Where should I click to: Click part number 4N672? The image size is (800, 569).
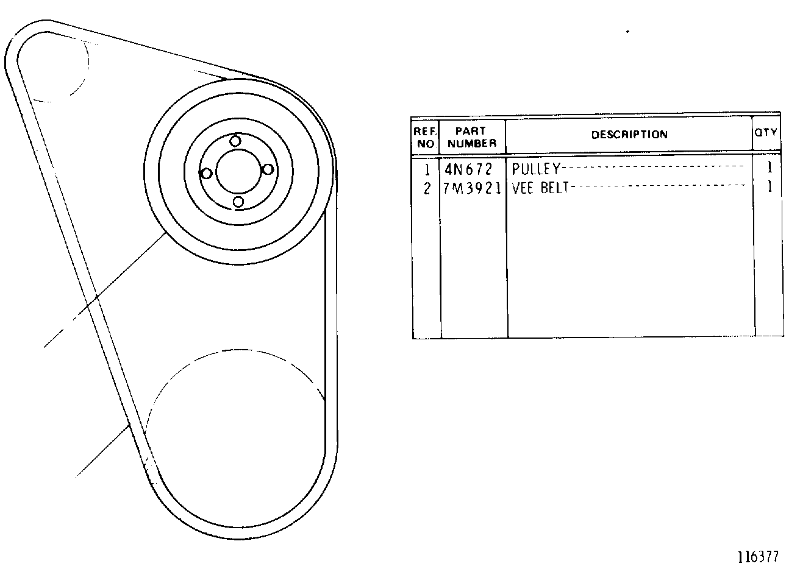[468, 169]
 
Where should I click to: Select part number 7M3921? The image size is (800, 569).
[472, 188]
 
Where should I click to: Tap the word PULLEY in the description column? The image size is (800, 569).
[536, 169]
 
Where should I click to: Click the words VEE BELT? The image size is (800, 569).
[540, 188]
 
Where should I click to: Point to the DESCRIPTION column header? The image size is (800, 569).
[629, 135]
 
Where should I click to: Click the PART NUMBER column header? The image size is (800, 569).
[472, 137]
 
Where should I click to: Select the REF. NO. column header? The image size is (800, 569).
[425, 138]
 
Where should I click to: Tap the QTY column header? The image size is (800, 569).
[765, 133]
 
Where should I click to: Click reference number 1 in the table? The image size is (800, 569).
[427, 169]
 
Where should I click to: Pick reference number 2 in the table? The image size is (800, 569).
[427, 188]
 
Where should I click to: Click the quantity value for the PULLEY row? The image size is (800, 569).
[770, 167]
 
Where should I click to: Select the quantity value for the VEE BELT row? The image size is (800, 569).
[770, 186]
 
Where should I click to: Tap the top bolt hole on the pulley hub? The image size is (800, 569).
[235, 141]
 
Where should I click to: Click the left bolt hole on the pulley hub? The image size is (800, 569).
[207, 174]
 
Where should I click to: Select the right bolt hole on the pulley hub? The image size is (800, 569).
[268, 169]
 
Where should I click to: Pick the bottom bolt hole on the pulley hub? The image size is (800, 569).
[238, 202]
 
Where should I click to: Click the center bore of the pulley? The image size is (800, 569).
[238, 172]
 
